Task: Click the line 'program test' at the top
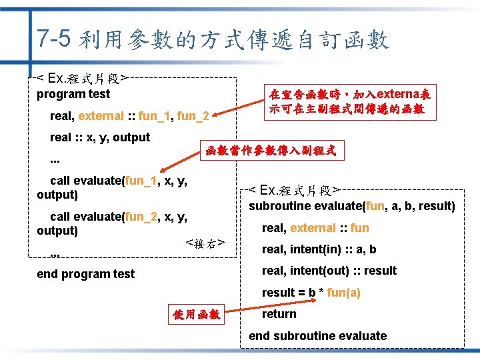(x=73, y=94)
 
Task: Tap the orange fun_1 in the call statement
(x=141, y=181)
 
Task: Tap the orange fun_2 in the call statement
(x=141, y=216)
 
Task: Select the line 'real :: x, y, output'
(x=100, y=137)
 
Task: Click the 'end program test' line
(x=85, y=273)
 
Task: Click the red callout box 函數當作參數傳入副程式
(x=270, y=151)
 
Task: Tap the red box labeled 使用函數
(x=197, y=314)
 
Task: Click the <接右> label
(x=205, y=243)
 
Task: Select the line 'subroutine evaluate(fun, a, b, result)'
(x=352, y=206)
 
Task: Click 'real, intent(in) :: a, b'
(x=319, y=249)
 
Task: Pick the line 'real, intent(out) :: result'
(x=329, y=271)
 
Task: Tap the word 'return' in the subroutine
(x=279, y=314)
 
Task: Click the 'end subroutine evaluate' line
(x=317, y=335)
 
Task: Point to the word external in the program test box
(x=101, y=115)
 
